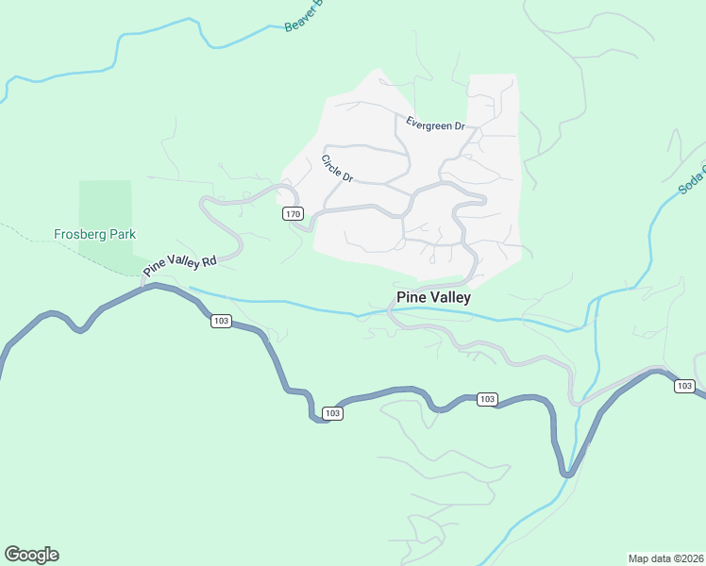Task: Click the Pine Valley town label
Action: (x=433, y=297)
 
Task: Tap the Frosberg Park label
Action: (x=94, y=234)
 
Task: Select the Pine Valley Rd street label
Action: (x=180, y=265)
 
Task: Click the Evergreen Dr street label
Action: (x=436, y=124)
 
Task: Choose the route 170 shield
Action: (x=293, y=214)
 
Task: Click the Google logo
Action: (x=31, y=555)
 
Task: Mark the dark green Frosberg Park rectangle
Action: (x=105, y=203)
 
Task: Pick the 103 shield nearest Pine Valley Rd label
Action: (x=221, y=322)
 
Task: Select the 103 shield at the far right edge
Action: (x=684, y=386)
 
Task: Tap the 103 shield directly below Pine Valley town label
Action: (x=486, y=399)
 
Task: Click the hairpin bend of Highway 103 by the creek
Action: (x=565, y=470)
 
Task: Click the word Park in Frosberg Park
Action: (x=122, y=234)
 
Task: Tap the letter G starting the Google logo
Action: (x=12, y=555)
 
